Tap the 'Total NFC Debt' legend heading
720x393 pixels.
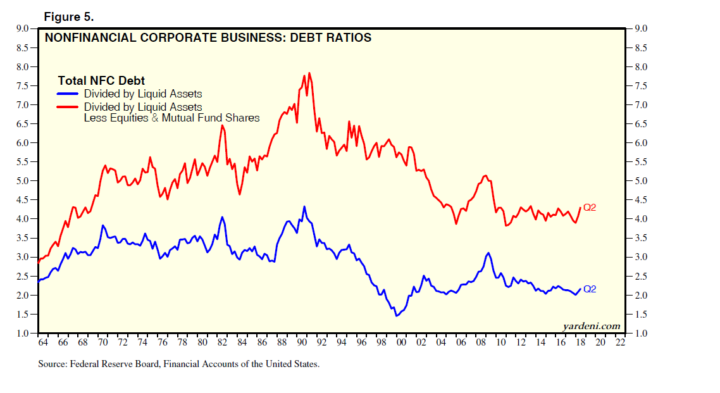pos(101,80)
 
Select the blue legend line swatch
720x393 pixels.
pos(68,94)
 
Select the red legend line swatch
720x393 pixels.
pos(68,107)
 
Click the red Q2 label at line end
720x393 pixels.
pos(590,207)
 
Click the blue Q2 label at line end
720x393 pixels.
pos(590,289)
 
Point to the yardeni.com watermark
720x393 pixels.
pos(592,326)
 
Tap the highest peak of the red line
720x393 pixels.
pos(309,73)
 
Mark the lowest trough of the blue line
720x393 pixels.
pos(397,316)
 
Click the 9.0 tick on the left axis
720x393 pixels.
pos(22,28)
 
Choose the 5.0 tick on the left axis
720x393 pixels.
pos(22,181)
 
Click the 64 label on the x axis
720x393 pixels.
pos(43,342)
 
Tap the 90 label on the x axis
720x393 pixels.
pos(302,342)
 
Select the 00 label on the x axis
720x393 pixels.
pos(401,342)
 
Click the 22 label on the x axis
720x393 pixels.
pos(620,342)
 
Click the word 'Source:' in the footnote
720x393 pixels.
pos(54,364)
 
